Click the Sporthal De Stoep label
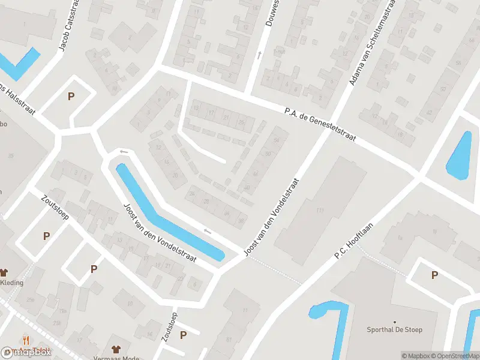click(x=394, y=329)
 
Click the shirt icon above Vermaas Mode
click(x=116, y=347)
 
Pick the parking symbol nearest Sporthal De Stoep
click(x=434, y=275)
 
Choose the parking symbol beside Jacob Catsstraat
click(x=71, y=97)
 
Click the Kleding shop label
click(x=12, y=283)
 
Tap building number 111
click(x=319, y=209)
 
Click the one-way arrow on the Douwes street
click(x=259, y=55)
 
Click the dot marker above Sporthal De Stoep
click(x=394, y=322)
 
